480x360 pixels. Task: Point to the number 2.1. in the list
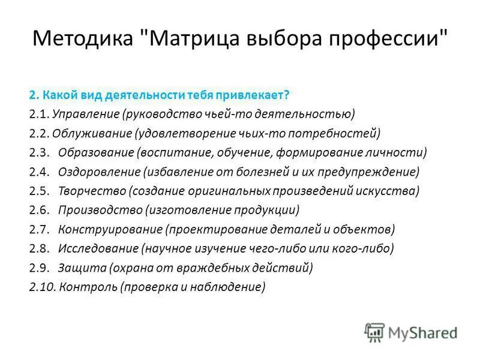point(39,113)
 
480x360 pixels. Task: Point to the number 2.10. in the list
point(42,287)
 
